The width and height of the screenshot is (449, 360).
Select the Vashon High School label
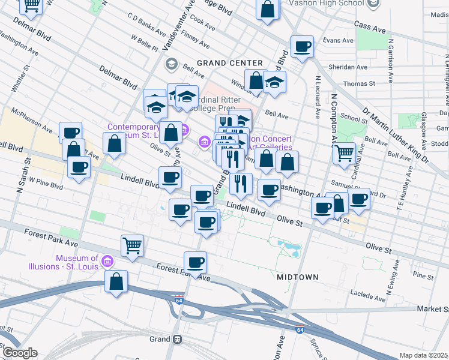(x=327, y=3)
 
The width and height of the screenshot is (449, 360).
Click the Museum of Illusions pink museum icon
(x=107, y=261)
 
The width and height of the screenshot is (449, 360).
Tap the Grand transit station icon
(x=178, y=339)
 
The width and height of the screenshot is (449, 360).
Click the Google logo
(x=19, y=353)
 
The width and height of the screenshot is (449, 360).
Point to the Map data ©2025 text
(x=424, y=355)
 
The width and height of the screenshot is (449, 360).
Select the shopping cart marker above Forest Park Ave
(x=132, y=244)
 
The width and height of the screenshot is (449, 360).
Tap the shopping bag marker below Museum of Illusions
(x=116, y=281)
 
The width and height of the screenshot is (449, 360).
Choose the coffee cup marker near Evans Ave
(x=302, y=46)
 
